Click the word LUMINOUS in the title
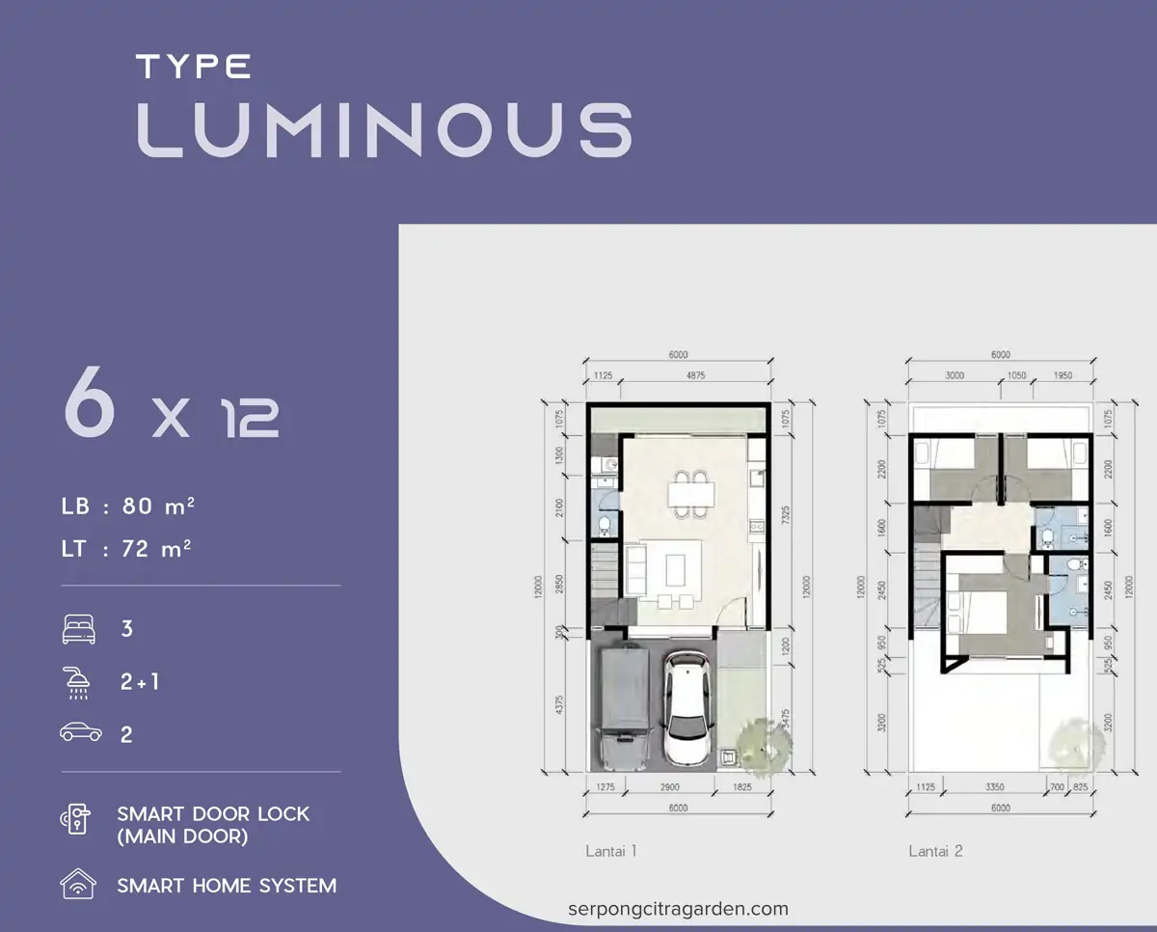click(x=384, y=129)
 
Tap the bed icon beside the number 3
click(x=79, y=629)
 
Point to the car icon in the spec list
click(x=80, y=733)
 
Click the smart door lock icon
click(x=77, y=823)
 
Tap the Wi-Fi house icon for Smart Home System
click(x=77, y=884)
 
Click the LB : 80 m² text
click(x=129, y=506)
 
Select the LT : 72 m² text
click(x=126, y=549)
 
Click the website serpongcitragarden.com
click(x=678, y=909)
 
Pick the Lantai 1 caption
click(x=610, y=851)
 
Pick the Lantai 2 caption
click(x=935, y=851)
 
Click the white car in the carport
click(x=688, y=709)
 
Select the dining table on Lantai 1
click(x=693, y=494)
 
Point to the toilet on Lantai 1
click(x=605, y=525)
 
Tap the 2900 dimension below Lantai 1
click(x=669, y=788)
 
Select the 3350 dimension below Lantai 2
click(x=997, y=788)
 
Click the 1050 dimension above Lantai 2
click(x=1016, y=375)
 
